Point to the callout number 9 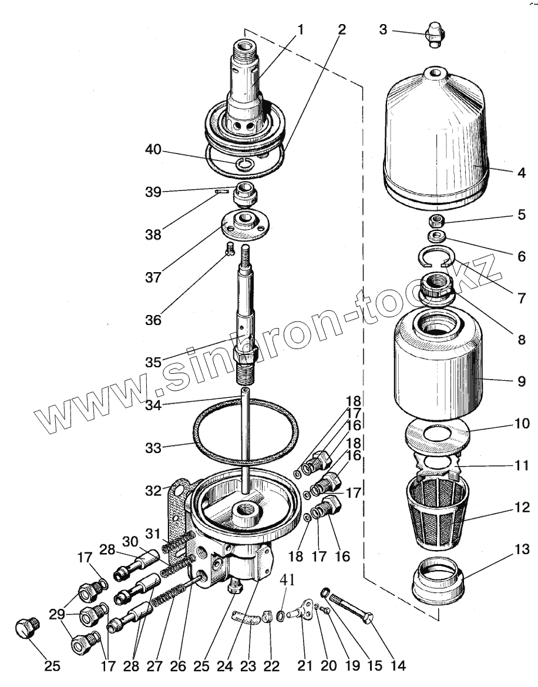coord(521,381)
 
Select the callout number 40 coord(154,151)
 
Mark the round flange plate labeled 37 coord(242,224)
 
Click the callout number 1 coord(301,29)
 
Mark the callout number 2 coord(341,29)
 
